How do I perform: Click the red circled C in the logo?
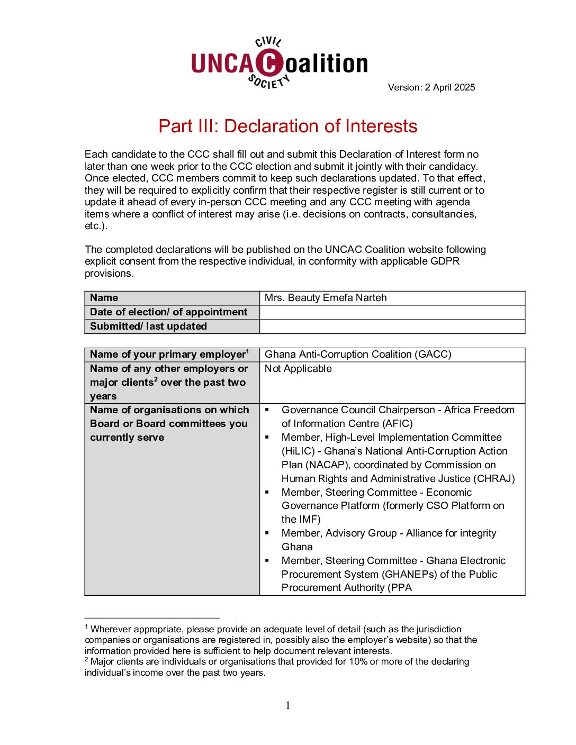pos(270,62)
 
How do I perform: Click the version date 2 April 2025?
pos(450,87)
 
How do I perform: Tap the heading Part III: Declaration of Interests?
pos(287,126)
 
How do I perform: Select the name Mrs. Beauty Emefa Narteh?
pos(326,297)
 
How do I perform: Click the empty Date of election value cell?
pos(392,312)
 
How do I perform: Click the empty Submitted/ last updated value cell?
pos(392,326)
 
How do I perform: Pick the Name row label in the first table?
pos(104,297)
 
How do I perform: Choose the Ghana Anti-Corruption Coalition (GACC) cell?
pos(358,354)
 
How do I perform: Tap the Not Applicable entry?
pos(298,368)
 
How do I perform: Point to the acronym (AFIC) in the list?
pos(397,423)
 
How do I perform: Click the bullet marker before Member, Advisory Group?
pos(267,533)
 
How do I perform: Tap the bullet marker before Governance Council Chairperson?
pos(267,410)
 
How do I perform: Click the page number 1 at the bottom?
pos(288,705)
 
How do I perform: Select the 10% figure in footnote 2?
pos(358,661)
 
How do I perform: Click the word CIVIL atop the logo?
pos(268,42)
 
